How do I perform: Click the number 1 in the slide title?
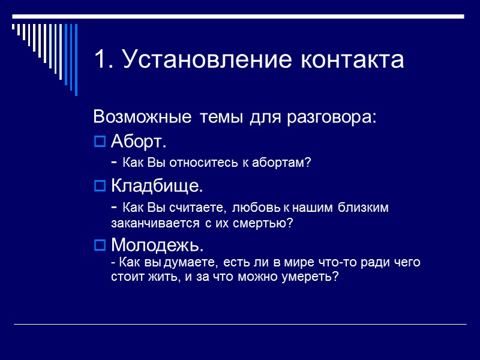[x=101, y=60]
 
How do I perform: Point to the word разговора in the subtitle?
[x=335, y=117]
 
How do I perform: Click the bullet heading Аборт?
[x=139, y=143]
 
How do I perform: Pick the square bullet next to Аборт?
[x=100, y=143]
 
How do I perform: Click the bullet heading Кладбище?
[x=157, y=186]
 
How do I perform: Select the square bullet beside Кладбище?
[x=100, y=187]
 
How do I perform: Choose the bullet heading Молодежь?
[x=158, y=245]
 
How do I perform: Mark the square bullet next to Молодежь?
[x=100, y=246]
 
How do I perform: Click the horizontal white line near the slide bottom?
[x=240, y=325]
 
